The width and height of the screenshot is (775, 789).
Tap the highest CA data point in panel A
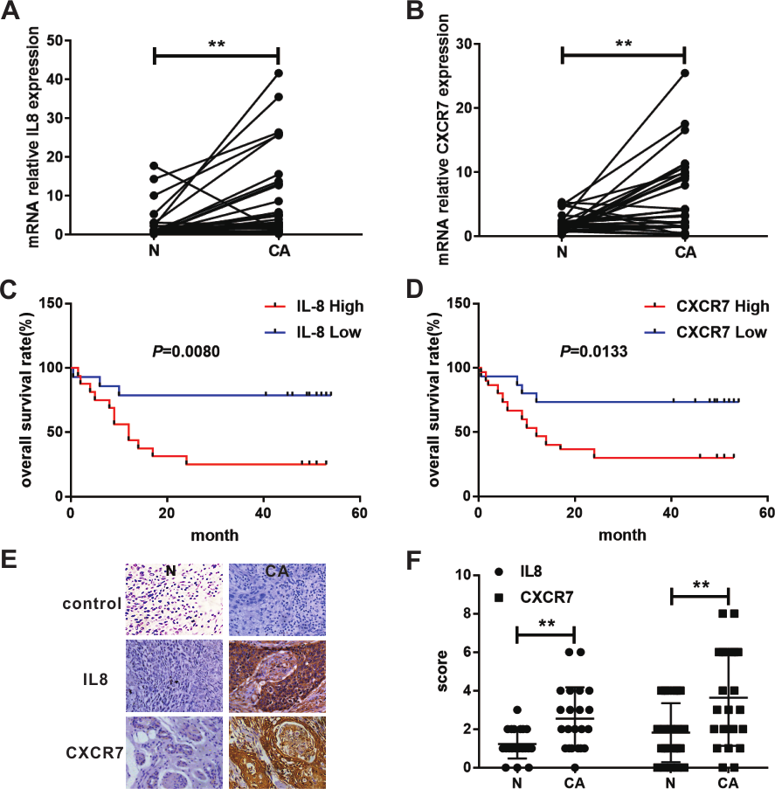click(x=278, y=73)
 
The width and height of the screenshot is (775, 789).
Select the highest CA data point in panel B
click(x=684, y=73)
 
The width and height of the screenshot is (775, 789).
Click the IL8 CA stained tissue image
click(x=275, y=679)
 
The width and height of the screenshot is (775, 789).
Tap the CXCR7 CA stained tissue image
click(x=275, y=752)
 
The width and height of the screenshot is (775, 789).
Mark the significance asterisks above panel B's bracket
click(x=623, y=41)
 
